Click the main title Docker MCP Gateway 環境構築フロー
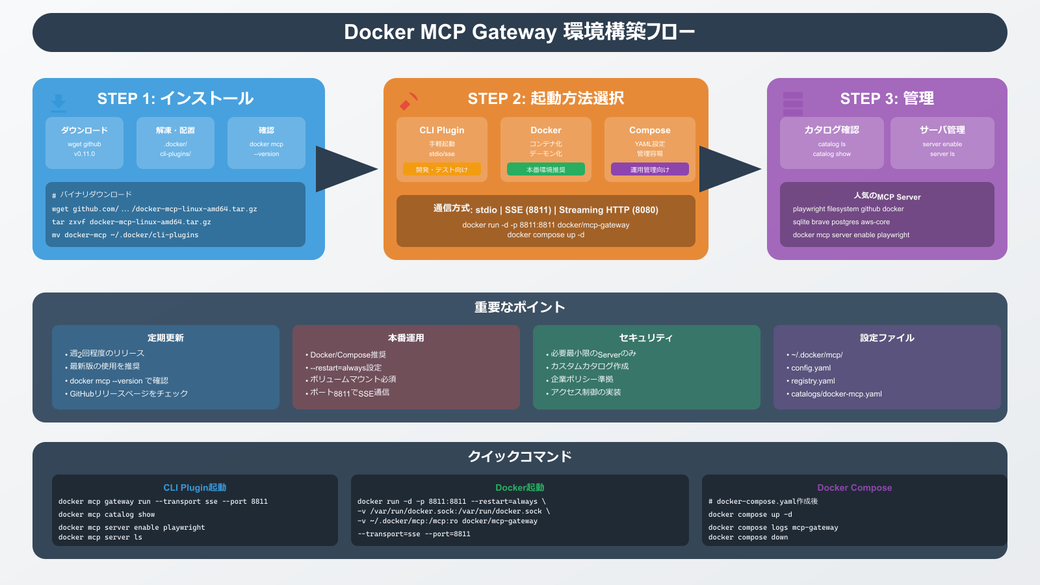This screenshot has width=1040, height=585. [x=519, y=32]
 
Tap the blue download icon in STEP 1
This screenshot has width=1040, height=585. [x=58, y=102]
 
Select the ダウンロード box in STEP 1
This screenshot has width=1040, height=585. [x=84, y=142]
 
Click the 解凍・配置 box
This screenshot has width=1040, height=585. [x=175, y=142]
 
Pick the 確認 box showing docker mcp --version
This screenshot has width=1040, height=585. [x=266, y=142]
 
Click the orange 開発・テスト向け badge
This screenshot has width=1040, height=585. [x=442, y=170]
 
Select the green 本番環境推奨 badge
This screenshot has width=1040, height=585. [x=546, y=170]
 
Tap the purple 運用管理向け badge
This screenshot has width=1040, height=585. [x=650, y=170]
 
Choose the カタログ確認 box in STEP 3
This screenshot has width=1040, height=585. [x=832, y=142]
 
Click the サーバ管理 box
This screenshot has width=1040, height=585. [x=942, y=142]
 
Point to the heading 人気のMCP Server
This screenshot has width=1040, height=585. [x=887, y=196]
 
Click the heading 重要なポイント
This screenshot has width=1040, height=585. [x=519, y=307]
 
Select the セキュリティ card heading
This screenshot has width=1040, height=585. [x=646, y=338]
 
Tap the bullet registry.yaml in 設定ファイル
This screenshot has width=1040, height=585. [x=812, y=381]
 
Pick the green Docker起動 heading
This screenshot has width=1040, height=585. [x=519, y=487]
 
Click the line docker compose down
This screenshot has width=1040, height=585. [x=748, y=538]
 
